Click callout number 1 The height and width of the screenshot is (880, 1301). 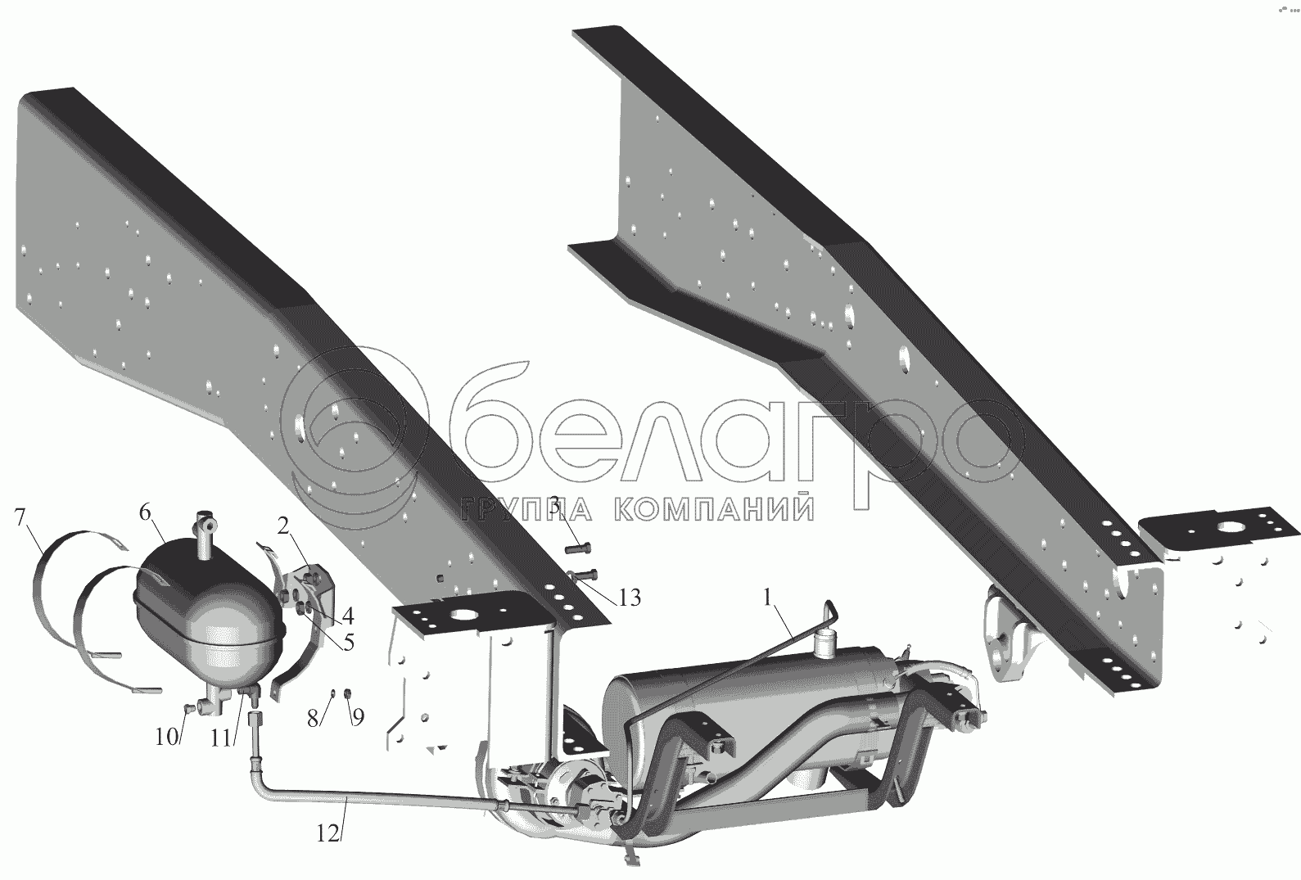[x=767, y=598]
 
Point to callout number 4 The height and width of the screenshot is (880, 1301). [x=348, y=614]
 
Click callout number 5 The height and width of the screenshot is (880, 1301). [x=348, y=643]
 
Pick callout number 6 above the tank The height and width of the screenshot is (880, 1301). [x=145, y=513]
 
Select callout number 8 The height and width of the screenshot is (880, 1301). [x=312, y=717]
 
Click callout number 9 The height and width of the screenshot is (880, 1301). [x=358, y=717]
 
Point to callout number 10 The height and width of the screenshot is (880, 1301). [x=166, y=737]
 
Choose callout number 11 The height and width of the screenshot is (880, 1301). [x=220, y=737]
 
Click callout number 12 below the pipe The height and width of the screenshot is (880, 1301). [x=326, y=833]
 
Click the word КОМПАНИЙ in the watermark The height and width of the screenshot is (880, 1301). [x=713, y=511]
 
